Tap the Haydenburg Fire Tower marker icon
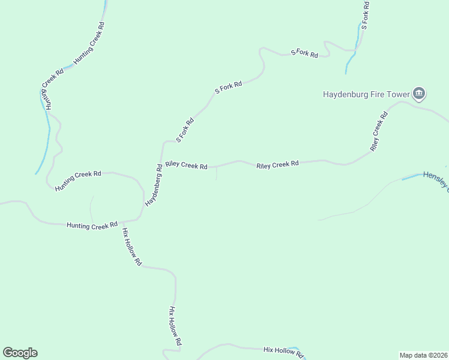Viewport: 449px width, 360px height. (x=419, y=93)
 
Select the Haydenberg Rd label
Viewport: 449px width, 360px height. (x=154, y=186)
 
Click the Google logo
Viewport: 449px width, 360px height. (x=20, y=353)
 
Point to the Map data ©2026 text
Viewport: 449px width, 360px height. (x=423, y=355)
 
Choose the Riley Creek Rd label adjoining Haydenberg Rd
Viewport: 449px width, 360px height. (x=186, y=165)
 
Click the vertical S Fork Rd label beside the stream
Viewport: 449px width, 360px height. (x=364, y=16)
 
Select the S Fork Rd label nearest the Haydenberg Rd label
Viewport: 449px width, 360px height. (x=185, y=130)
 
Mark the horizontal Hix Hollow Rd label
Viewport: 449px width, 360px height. (x=283, y=350)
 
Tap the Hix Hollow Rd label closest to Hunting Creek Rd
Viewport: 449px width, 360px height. (x=131, y=247)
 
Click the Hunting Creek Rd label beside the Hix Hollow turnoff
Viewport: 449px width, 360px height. (x=92, y=226)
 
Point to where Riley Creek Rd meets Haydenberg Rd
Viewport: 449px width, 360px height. (x=162, y=164)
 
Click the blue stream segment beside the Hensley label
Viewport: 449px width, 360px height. (x=412, y=177)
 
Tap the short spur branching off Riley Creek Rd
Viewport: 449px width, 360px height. (x=216, y=173)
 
